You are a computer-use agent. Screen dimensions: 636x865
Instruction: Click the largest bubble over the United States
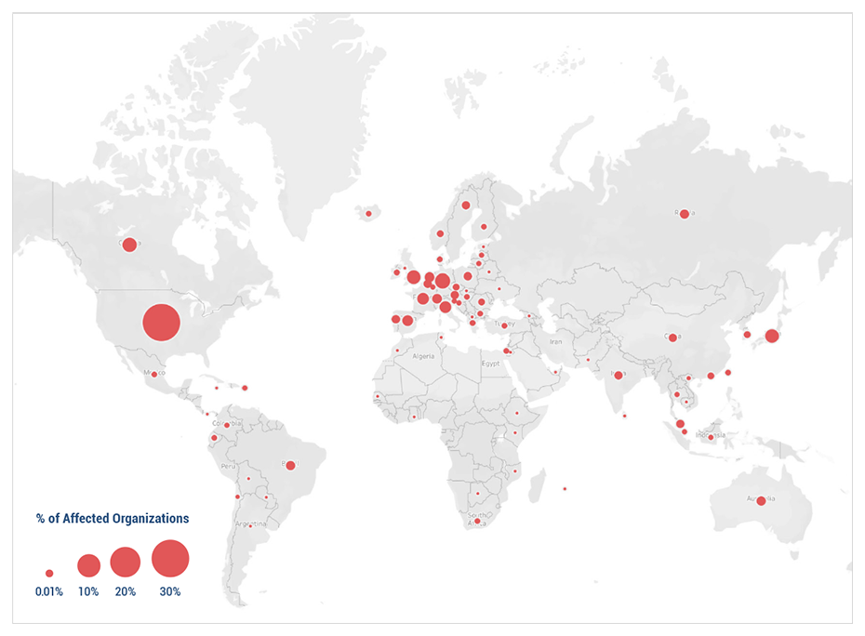(x=161, y=323)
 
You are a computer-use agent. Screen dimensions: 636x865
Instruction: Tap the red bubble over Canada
(x=129, y=245)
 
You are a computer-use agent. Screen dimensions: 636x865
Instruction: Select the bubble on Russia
(x=685, y=214)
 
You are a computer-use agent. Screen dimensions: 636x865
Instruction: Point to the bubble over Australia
(x=761, y=500)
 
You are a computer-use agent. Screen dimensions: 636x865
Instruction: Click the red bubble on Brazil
(x=290, y=465)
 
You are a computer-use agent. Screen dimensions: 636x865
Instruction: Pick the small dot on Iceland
(x=368, y=214)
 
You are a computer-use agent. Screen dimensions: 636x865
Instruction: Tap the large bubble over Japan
(x=771, y=336)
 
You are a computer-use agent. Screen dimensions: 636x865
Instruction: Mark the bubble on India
(x=619, y=375)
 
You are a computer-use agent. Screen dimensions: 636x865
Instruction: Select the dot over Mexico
(x=154, y=375)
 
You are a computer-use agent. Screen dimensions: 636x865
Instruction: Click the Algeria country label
(x=423, y=356)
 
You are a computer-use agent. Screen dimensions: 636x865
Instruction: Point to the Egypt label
(x=491, y=364)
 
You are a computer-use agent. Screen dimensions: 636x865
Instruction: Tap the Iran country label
(x=556, y=341)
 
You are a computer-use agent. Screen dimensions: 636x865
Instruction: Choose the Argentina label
(x=251, y=523)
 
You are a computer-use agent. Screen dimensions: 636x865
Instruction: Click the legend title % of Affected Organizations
(x=113, y=518)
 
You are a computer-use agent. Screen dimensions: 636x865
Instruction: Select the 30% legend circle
(x=170, y=559)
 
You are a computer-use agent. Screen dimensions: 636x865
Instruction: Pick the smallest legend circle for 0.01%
(x=49, y=574)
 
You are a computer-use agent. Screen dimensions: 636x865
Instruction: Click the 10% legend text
(x=88, y=591)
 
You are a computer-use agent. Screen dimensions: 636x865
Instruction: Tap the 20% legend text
(x=126, y=591)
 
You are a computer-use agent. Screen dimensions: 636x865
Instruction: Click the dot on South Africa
(x=477, y=521)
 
